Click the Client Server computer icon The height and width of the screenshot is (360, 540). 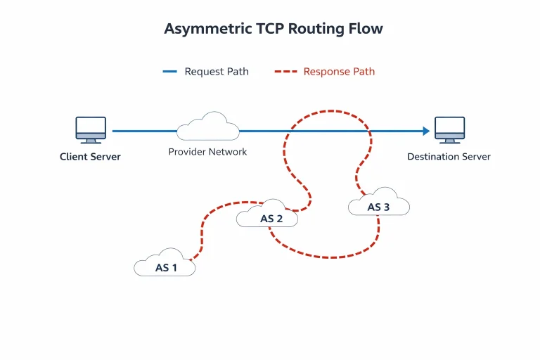pyautogui.click(x=91, y=130)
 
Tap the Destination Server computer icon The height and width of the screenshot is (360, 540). pyautogui.click(x=449, y=130)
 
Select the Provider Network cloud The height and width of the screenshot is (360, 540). pyautogui.click(x=208, y=126)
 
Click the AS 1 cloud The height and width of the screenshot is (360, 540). pyautogui.click(x=165, y=262)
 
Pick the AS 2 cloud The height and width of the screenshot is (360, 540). pyautogui.click(x=267, y=213)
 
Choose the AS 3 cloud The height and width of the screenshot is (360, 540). pyautogui.click(x=379, y=202)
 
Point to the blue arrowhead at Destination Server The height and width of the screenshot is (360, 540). pyautogui.click(x=426, y=131)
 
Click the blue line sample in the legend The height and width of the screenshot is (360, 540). pyautogui.click(x=169, y=71)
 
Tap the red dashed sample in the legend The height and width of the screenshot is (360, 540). pyautogui.click(x=286, y=71)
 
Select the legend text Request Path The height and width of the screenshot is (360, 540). pyautogui.click(x=217, y=72)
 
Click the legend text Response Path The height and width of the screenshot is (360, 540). pyautogui.click(x=339, y=72)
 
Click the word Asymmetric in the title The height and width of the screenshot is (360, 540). pyautogui.click(x=208, y=29)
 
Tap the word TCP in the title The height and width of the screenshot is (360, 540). pyautogui.click(x=270, y=28)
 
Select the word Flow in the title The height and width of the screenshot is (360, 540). pyautogui.click(x=366, y=28)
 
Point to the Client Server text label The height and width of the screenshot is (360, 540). pyautogui.click(x=90, y=157)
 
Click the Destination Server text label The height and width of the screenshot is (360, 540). pyautogui.click(x=449, y=157)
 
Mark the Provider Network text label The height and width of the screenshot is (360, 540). pyautogui.click(x=207, y=152)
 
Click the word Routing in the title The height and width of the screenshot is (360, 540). pyautogui.click(x=316, y=29)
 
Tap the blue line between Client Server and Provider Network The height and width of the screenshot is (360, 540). pyautogui.click(x=145, y=131)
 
